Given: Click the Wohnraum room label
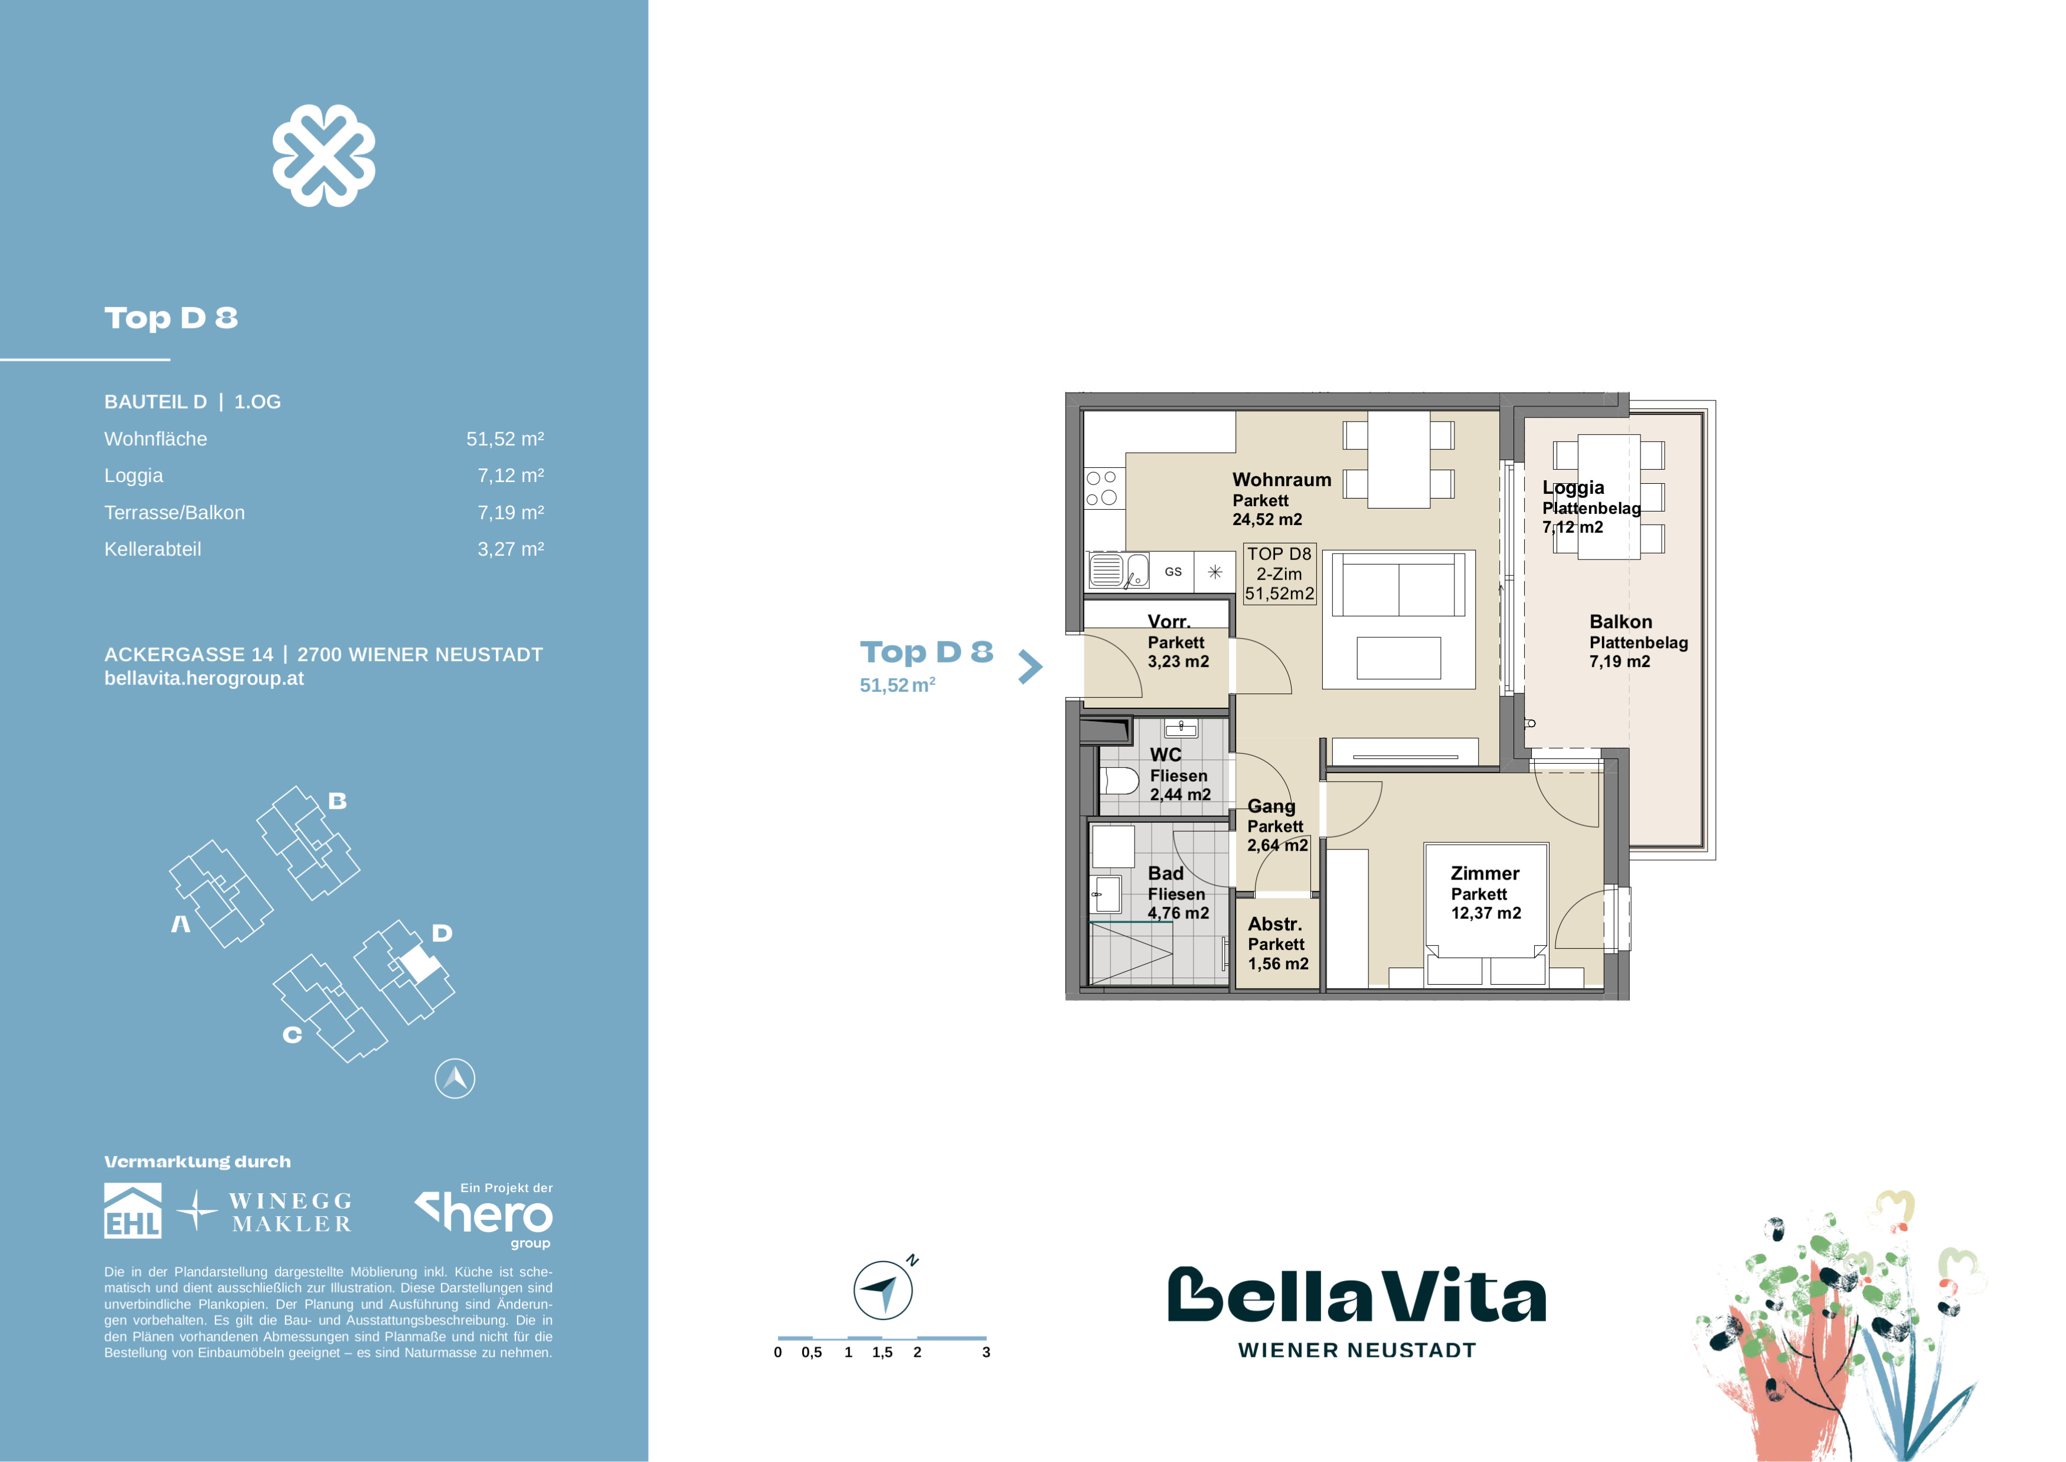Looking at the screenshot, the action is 1282,480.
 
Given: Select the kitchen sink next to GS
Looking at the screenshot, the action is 1119,571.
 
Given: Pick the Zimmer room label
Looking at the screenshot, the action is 1485,873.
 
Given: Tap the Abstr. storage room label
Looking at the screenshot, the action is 1275,924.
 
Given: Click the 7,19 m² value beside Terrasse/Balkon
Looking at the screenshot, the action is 510,512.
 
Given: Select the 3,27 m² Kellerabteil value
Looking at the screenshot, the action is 510,549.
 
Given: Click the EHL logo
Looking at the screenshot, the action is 133,1211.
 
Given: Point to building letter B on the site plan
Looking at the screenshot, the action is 338,800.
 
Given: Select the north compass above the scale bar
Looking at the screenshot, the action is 884,1289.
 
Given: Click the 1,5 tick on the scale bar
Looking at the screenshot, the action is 882,1352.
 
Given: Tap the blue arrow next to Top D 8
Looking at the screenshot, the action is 1030,667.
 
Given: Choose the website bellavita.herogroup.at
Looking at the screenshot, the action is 204,679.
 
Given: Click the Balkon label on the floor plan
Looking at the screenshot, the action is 1620,622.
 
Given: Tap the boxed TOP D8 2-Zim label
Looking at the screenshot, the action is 1280,574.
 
